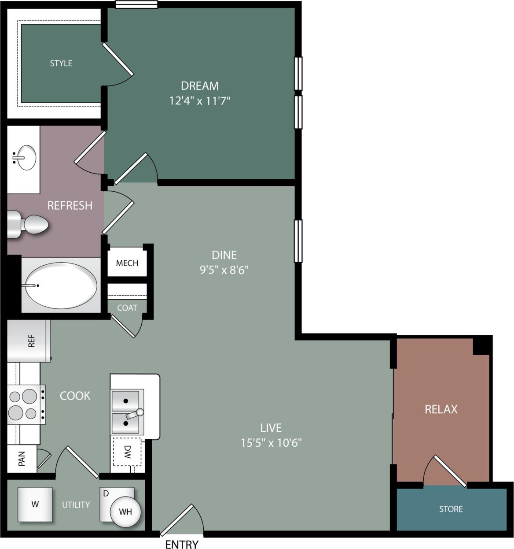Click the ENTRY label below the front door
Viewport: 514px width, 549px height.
tap(182, 544)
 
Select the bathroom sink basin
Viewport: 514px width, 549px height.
tap(26, 157)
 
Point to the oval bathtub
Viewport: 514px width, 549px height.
tap(61, 285)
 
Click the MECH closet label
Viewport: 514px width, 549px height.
tap(127, 263)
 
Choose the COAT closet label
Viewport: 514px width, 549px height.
tap(127, 308)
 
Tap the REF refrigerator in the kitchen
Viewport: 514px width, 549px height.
tap(29, 341)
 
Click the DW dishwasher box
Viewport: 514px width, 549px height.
tap(127, 451)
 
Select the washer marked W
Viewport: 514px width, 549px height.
tap(35, 504)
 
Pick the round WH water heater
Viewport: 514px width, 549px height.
tap(125, 512)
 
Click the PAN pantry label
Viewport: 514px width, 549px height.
tap(22, 458)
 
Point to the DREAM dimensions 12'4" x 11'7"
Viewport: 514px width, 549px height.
tap(200, 101)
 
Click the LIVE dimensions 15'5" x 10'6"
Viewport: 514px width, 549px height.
tap(271, 442)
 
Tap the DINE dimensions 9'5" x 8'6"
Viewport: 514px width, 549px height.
tap(224, 270)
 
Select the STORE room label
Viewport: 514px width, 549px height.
tap(451, 509)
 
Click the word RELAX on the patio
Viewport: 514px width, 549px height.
tap(441, 409)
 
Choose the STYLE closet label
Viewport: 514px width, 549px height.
tap(61, 63)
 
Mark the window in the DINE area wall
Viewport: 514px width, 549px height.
tap(298, 241)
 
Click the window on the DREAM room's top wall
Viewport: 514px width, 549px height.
tap(136, 4)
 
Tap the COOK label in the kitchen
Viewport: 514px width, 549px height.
tap(75, 396)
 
